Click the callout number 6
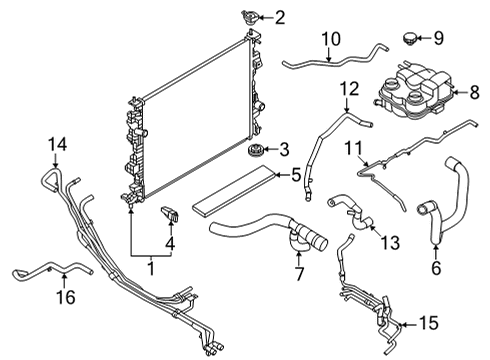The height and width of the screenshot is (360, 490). [435, 269]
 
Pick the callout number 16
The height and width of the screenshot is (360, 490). [67, 297]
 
